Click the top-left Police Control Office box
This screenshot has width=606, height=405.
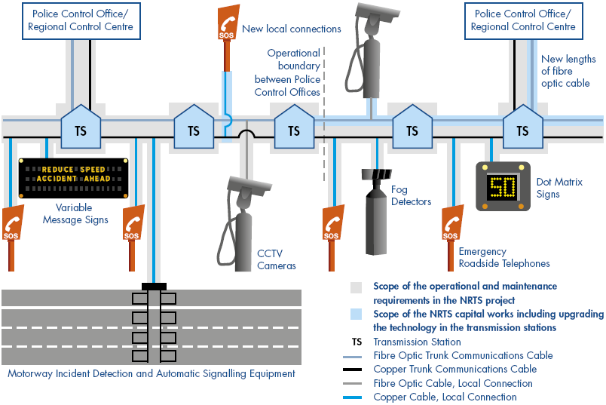(81, 21)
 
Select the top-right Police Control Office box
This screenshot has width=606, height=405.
(523, 21)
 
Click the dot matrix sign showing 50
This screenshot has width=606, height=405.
(503, 186)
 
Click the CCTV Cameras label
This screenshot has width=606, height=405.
(277, 259)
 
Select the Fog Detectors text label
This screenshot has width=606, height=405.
(411, 196)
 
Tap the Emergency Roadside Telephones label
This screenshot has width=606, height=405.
(504, 258)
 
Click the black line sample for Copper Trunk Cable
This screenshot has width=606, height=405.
(359, 370)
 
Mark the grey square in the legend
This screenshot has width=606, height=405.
(357, 287)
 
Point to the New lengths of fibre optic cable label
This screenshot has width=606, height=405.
(568, 71)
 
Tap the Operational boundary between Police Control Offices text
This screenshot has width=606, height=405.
(287, 72)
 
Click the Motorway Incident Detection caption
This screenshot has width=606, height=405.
(151, 373)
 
